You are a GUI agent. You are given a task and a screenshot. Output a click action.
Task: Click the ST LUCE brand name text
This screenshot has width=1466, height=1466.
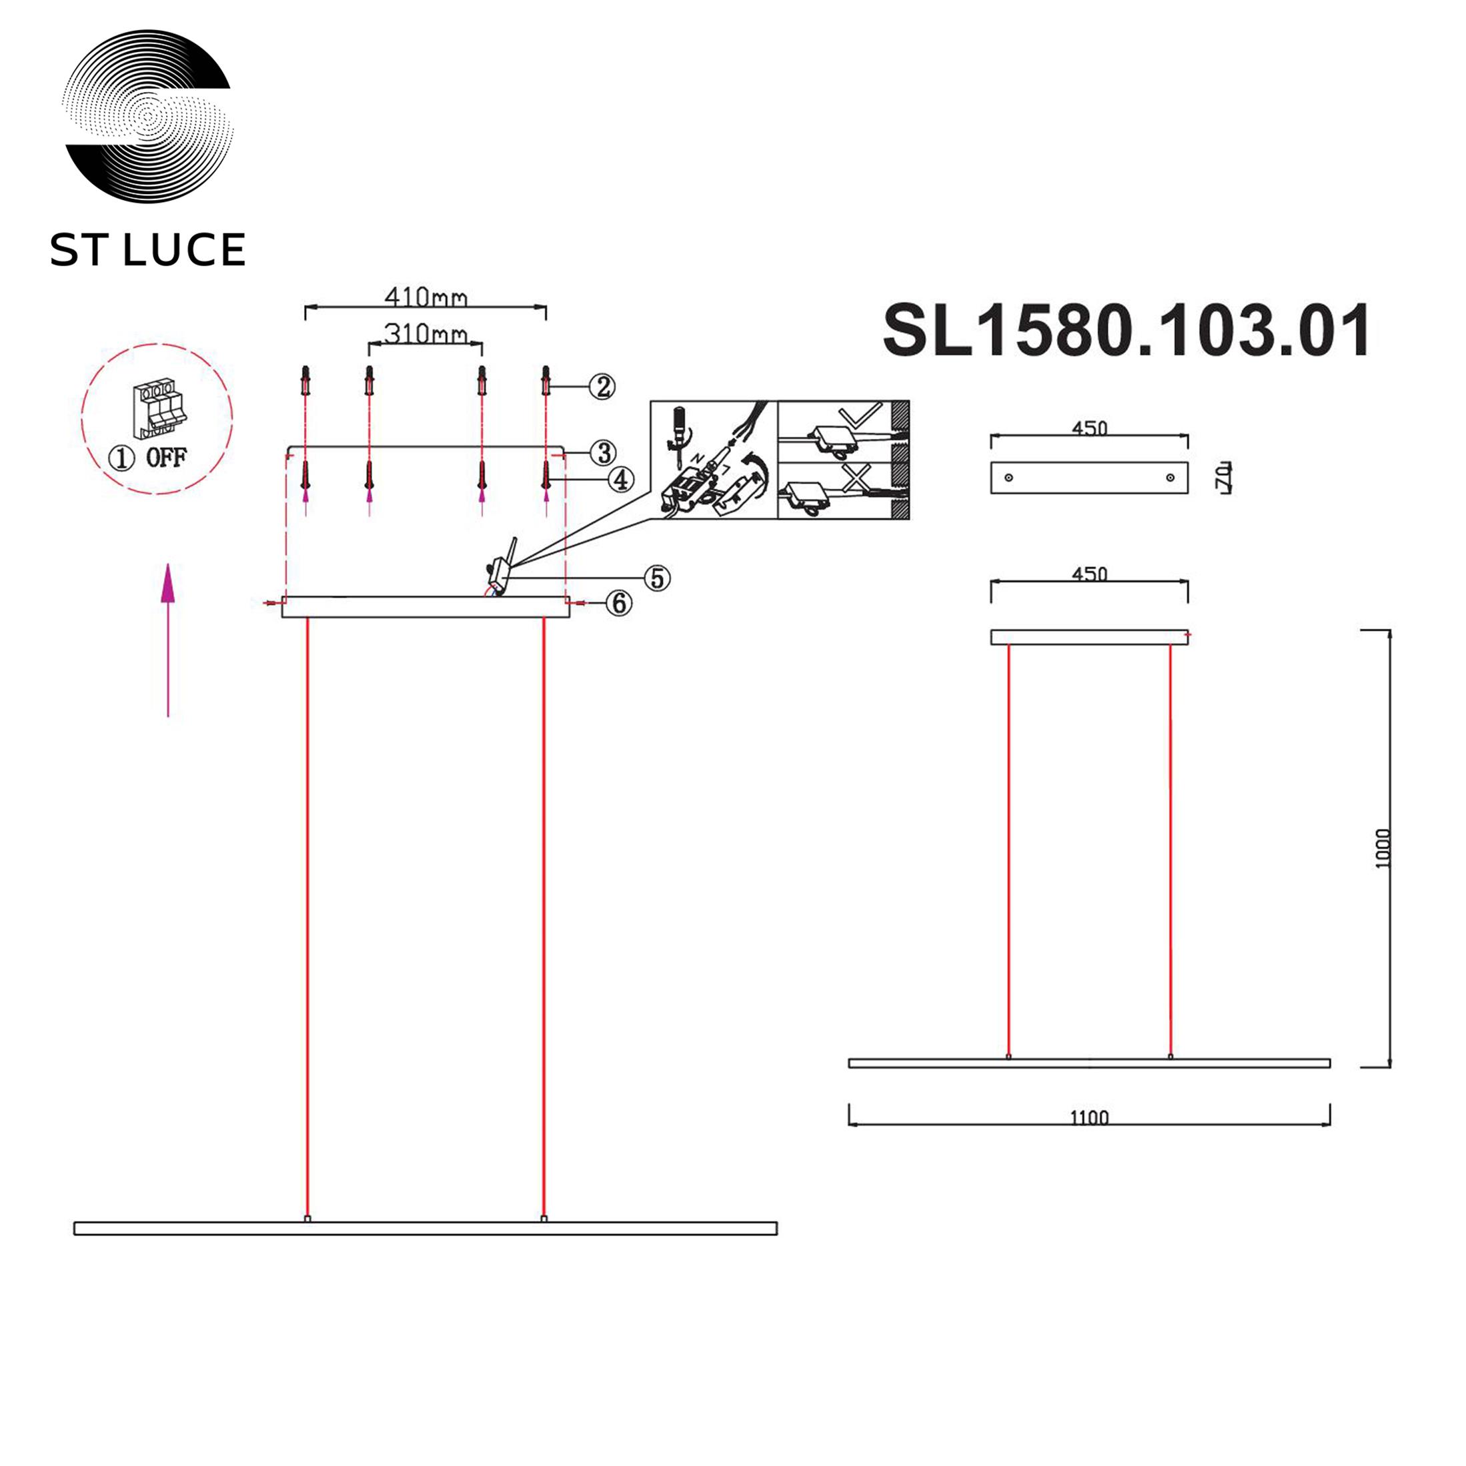(x=148, y=249)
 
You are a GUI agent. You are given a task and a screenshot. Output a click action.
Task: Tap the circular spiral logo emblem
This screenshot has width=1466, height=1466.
(x=148, y=116)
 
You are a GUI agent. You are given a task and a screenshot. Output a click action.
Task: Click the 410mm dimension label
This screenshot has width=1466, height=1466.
(x=426, y=297)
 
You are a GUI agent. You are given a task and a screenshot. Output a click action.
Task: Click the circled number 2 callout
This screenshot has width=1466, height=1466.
(x=602, y=387)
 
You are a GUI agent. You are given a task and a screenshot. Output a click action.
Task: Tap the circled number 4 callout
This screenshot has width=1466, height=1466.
(x=621, y=480)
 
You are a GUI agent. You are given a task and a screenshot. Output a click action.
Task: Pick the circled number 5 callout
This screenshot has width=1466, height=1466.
(x=657, y=578)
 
